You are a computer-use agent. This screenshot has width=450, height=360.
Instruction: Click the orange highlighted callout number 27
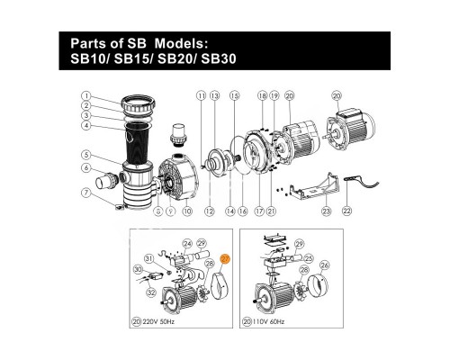click(226, 258)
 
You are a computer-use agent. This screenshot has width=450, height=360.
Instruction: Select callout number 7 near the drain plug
click(85, 192)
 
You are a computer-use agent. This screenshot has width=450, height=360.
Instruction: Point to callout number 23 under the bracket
click(326, 212)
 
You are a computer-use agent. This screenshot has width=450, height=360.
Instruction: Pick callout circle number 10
click(186, 212)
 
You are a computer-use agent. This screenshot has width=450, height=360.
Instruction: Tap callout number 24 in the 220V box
click(187, 243)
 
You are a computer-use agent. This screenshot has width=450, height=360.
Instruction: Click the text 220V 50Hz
click(168, 319)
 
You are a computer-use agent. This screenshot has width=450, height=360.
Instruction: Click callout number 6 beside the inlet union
click(85, 168)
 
